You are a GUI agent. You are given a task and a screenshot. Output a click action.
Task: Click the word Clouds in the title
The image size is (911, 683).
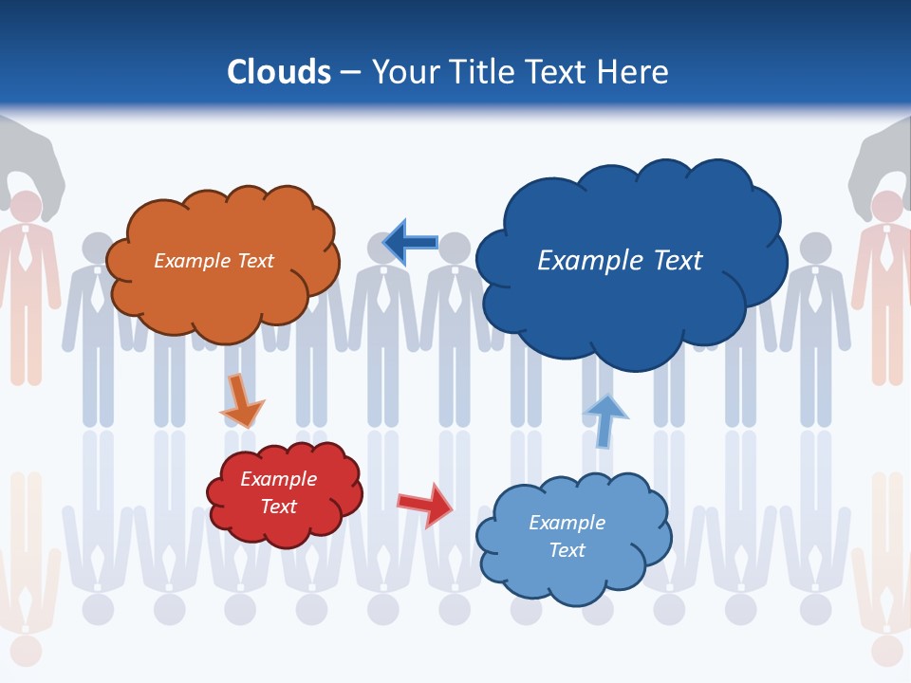click(x=279, y=72)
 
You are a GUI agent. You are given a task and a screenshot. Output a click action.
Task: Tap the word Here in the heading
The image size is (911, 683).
click(x=635, y=72)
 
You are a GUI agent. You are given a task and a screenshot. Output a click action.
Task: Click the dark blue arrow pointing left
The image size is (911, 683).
click(x=410, y=243)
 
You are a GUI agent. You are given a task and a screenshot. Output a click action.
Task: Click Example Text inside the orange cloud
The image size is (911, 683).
click(x=214, y=261)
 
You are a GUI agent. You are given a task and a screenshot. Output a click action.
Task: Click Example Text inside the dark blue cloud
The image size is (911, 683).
click(x=620, y=261)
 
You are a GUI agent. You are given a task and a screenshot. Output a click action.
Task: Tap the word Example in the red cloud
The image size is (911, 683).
click(x=278, y=479)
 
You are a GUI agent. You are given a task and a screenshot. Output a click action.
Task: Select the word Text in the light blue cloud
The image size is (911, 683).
click(x=567, y=550)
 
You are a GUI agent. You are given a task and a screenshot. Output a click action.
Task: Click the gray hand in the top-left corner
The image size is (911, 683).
click(x=33, y=157)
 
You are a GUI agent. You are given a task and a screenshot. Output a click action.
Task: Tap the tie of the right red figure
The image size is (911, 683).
click(x=885, y=251)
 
